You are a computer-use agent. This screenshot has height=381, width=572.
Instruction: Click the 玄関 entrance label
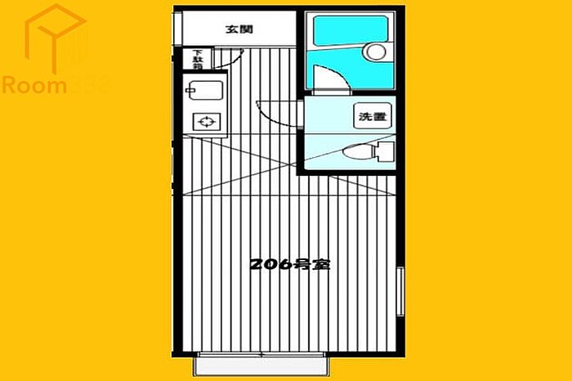tap(239, 29)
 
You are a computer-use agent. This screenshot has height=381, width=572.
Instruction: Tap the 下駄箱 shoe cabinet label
tap(197, 58)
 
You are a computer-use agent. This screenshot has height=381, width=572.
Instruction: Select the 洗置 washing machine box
tap(371, 117)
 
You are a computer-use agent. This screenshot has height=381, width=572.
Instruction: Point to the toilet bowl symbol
tap(355, 152)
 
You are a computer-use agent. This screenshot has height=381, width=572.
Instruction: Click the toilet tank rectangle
tap(385, 152)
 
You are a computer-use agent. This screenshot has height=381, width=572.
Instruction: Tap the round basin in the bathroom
tap(377, 52)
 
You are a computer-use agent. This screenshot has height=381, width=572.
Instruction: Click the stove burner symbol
tap(206, 123)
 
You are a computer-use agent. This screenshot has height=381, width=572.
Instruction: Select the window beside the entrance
tap(175, 29)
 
